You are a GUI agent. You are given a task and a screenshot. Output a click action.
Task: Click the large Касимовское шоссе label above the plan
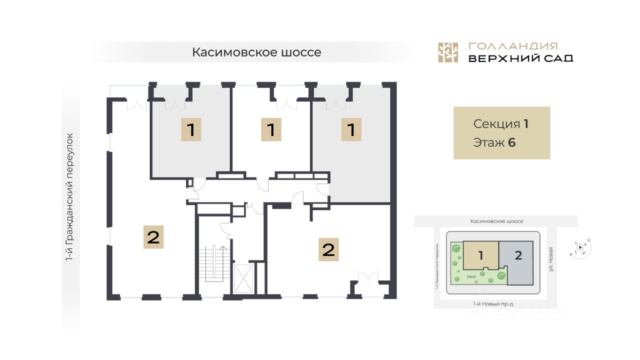click(x=256, y=52)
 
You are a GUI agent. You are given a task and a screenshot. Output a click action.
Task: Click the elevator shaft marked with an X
click(x=243, y=278)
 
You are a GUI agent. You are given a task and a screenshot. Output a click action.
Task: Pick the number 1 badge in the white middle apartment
click(x=271, y=130)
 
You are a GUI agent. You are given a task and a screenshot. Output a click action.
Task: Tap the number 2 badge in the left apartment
click(x=153, y=236)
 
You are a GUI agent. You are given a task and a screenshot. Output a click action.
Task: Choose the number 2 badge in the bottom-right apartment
click(x=328, y=249)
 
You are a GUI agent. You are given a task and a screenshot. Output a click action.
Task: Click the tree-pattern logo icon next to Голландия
click(x=448, y=52)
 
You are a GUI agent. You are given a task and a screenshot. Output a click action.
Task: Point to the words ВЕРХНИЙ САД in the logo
click(x=520, y=58)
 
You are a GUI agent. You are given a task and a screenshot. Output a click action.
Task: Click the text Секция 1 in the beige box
click(x=500, y=124)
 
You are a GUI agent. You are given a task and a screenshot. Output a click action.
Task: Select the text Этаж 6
click(x=494, y=142)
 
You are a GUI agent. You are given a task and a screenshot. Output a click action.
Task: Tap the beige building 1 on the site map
click(x=480, y=255)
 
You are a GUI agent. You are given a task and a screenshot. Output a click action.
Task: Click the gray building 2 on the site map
click(x=518, y=255)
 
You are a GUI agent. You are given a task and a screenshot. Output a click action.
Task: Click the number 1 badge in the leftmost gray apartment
click(x=191, y=130)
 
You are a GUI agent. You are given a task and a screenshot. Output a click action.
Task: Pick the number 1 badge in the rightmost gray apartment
click(x=351, y=130)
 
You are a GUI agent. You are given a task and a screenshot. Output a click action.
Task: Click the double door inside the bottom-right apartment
click(x=368, y=277)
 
